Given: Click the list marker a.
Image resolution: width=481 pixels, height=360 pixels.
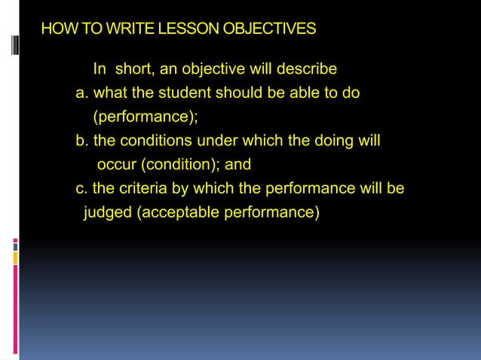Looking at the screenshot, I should click(x=81, y=94).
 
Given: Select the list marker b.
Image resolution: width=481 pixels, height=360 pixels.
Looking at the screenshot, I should click(x=81, y=141).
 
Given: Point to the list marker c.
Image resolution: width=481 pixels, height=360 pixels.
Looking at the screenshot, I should click(x=81, y=188).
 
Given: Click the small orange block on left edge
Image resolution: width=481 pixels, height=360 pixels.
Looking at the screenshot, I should click(x=14, y=258).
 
